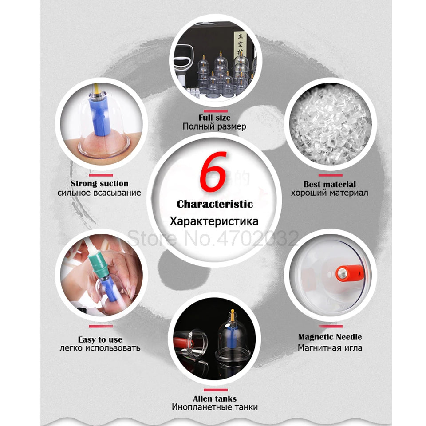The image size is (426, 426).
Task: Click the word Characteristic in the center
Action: click(x=215, y=204)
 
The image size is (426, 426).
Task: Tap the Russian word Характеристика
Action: click(x=214, y=221)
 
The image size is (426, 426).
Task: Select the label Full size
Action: click(x=214, y=118)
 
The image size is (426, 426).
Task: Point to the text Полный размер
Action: click(x=214, y=126)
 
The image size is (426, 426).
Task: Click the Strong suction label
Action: click(x=99, y=183)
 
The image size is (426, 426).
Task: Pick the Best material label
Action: click(x=329, y=184)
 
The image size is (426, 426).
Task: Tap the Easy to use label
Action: click(x=100, y=339)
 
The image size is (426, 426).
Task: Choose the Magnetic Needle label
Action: click(x=330, y=337)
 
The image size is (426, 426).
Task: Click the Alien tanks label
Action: click(x=214, y=398)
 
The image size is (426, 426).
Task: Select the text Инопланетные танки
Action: click(x=214, y=407)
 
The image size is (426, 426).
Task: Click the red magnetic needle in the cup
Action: click(x=343, y=272)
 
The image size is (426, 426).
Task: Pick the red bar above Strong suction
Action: click(x=100, y=174)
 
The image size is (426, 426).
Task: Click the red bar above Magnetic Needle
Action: click(x=330, y=326)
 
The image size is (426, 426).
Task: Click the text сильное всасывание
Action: click(x=99, y=193)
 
